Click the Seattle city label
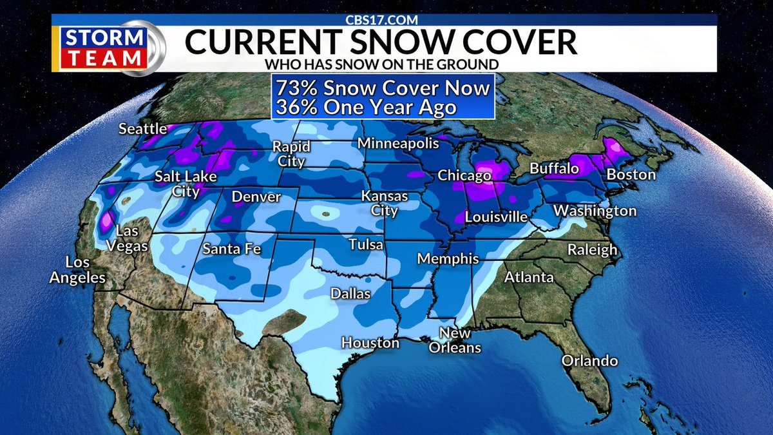(x=142, y=130)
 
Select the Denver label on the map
(x=256, y=197)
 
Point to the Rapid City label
(x=291, y=153)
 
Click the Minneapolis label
(x=398, y=143)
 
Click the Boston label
(x=631, y=175)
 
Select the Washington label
(x=595, y=211)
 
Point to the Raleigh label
(x=592, y=250)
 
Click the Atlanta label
(x=529, y=278)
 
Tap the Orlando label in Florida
(x=589, y=361)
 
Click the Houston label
(x=370, y=343)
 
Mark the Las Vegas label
(x=132, y=238)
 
